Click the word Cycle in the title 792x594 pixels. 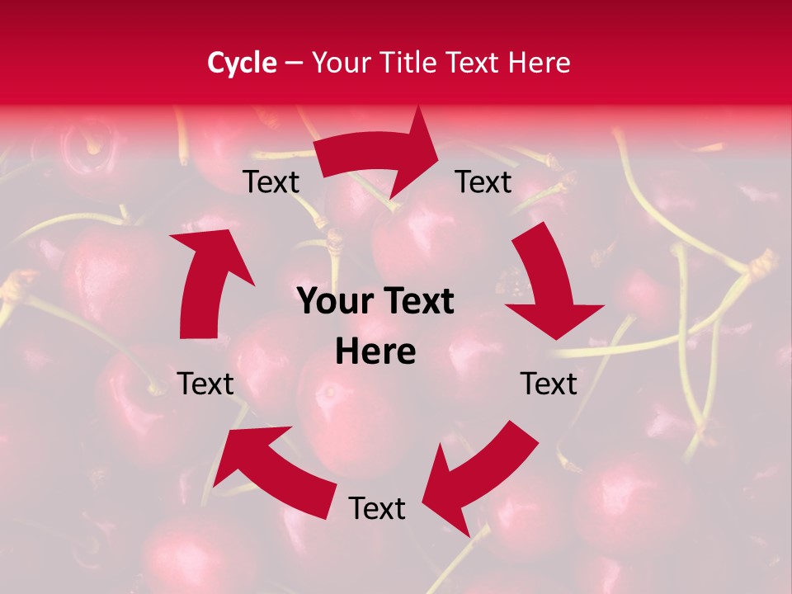tap(242, 63)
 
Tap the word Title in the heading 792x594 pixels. tap(409, 63)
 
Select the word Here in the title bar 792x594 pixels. tap(537, 63)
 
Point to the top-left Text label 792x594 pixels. tap(271, 182)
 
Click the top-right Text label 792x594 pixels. tap(483, 182)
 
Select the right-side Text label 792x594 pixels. tap(549, 384)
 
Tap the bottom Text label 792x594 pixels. tap(377, 509)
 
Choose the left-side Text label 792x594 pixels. tap(205, 384)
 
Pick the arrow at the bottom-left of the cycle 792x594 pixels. tap(280, 466)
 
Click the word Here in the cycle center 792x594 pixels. tap(376, 352)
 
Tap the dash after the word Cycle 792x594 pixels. tap(294, 63)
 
